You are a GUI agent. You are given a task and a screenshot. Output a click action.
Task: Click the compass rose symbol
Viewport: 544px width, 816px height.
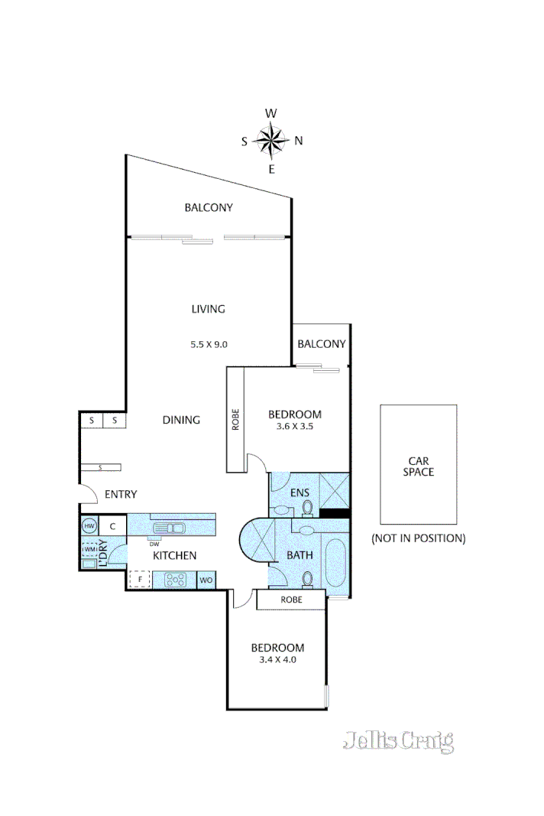click(x=271, y=140)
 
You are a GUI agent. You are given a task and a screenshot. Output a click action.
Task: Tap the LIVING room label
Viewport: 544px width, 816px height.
click(x=209, y=309)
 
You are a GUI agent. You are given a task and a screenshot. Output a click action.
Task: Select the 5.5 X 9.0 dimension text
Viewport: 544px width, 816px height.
click(x=209, y=344)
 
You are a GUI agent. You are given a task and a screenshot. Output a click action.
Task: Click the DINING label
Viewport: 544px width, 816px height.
click(x=181, y=420)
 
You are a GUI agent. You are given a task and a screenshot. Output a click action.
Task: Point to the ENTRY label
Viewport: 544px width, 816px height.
click(x=121, y=495)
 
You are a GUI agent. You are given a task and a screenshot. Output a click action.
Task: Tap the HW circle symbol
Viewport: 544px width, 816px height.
click(x=89, y=526)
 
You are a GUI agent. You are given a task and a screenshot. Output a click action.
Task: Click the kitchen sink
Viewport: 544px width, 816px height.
click(x=167, y=527)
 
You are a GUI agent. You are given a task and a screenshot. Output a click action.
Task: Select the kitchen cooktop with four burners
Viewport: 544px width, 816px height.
click(x=175, y=580)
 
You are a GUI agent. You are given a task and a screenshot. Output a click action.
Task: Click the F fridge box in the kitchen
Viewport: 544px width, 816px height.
click(x=140, y=580)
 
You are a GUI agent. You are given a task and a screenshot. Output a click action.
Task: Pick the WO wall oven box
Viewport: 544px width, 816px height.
click(x=206, y=580)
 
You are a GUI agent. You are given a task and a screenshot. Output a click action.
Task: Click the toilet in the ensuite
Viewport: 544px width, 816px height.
click(x=307, y=506)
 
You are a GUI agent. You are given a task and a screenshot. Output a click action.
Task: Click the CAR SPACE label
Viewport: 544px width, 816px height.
click(x=418, y=467)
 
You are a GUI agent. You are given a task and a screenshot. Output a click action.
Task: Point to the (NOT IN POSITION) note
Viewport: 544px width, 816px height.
click(x=418, y=538)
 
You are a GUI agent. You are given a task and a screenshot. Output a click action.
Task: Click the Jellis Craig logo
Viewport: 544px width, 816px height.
click(x=398, y=740)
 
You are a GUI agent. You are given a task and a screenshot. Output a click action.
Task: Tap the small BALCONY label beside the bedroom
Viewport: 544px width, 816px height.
click(x=321, y=344)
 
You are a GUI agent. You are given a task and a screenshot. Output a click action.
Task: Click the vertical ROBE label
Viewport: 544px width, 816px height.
click(x=235, y=419)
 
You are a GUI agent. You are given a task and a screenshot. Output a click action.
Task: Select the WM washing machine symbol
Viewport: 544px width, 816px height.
click(x=89, y=549)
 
